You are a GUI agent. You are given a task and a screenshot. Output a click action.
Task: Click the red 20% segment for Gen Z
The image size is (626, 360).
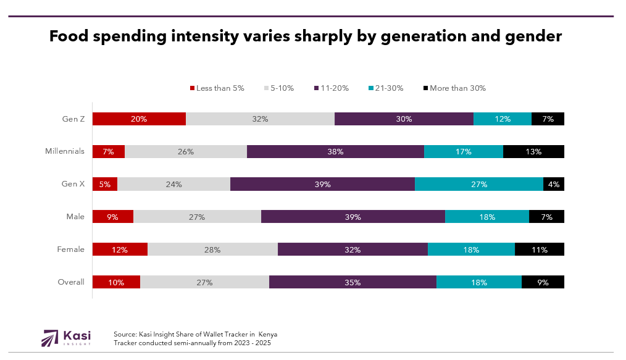point(139,119)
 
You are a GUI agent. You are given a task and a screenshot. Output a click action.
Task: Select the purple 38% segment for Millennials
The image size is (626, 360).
point(335,152)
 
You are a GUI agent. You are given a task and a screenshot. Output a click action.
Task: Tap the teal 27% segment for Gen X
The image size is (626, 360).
point(479,184)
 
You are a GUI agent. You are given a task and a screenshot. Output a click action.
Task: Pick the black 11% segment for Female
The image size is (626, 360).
point(540,249)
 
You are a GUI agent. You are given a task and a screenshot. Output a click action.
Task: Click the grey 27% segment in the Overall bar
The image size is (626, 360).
point(204,282)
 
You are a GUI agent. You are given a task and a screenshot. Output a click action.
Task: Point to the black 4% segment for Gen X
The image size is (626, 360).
point(554,184)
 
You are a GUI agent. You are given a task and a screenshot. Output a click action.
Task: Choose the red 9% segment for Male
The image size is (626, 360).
point(113,217)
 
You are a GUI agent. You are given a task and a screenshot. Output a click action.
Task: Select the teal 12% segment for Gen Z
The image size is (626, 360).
point(503,119)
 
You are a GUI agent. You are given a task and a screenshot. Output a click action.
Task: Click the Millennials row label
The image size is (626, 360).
point(65,151)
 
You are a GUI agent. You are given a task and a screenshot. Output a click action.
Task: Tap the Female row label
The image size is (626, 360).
point(70,249)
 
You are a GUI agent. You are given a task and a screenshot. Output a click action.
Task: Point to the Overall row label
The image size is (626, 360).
point(71,282)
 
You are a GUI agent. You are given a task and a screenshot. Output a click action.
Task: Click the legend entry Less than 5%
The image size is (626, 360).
point(217,88)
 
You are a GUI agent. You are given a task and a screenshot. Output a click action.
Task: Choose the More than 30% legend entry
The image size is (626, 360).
point(454,88)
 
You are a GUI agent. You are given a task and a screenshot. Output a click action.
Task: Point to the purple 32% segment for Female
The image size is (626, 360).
point(353,249)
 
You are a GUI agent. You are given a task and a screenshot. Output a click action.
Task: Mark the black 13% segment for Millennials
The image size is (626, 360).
point(533,152)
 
